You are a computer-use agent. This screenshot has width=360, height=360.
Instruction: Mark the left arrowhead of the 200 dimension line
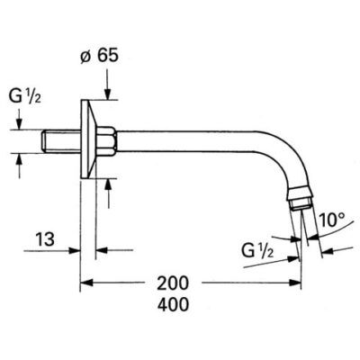tap(86, 283)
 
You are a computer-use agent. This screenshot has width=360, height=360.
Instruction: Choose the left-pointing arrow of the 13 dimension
tap(103, 250)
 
